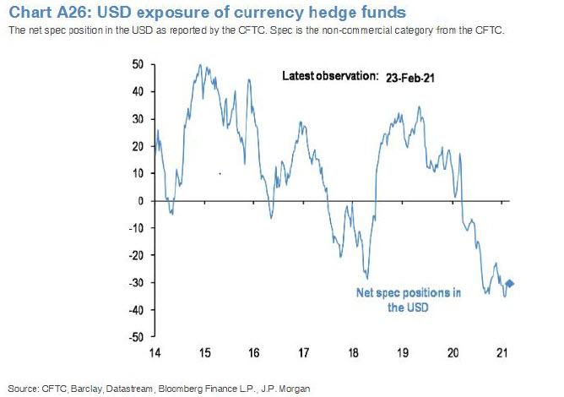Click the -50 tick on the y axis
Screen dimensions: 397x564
(138, 337)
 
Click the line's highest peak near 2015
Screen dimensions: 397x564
(198, 65)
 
